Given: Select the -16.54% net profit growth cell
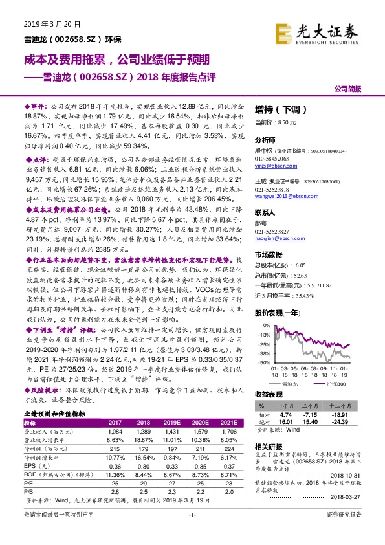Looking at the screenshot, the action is (x=145, y=459).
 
